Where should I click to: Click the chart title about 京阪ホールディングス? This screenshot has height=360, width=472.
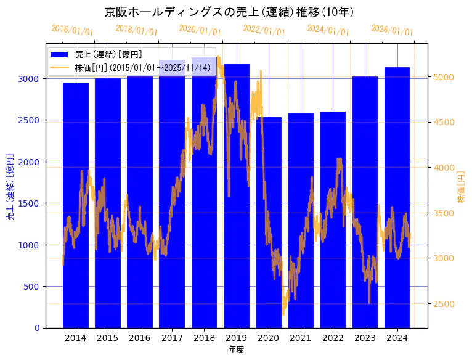pos(229,12)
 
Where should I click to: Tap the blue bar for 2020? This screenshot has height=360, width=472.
pos(269,222)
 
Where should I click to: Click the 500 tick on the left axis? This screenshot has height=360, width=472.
pos(33,287)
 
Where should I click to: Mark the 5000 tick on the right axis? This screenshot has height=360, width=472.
pos(444,77)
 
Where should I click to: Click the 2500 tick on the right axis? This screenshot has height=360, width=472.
pos(444,304)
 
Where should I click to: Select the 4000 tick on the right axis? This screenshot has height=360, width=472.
pos(444,168)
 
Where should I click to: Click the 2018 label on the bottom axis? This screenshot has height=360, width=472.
pos(204,338)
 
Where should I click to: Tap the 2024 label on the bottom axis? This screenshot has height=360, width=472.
pos(397,338)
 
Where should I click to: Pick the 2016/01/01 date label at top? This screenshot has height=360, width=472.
pos(72,30)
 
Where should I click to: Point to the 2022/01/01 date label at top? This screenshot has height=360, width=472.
pos(264,30)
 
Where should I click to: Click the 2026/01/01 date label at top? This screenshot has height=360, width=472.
pos(392,30)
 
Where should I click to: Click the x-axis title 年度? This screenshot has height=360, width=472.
pos(236,350)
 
